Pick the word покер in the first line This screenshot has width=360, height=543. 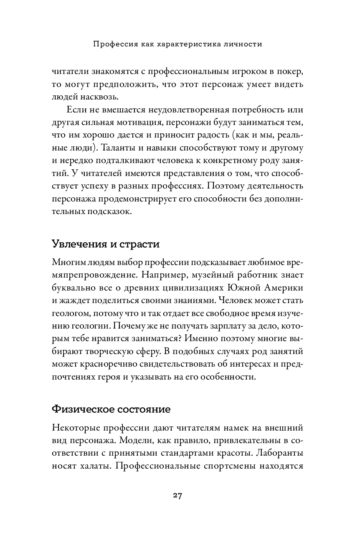tap(291, 71)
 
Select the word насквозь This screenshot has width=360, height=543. tap(101, 97)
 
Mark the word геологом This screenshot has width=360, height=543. tap(70, 314)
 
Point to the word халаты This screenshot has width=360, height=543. tap(95, 466)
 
